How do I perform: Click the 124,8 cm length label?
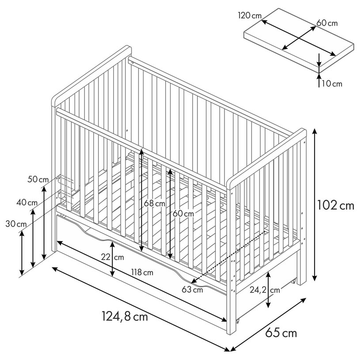pos(125,316)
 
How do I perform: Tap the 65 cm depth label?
pos(281,333)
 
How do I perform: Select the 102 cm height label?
pos(335,205)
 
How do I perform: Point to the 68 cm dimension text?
pos(155,203)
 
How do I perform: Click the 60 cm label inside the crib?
pos(183,213)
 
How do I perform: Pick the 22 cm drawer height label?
pos(113,257)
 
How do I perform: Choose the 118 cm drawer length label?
pos(142,273)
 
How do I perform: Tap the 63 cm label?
pos(192,289)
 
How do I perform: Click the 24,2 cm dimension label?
pos(265,290)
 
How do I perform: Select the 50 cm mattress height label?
pos(38,179)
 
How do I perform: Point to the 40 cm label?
pos(27,203)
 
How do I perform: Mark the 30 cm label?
pos(16,224)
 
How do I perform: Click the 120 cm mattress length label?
pos(250,15)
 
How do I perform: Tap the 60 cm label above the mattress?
pos(327,23)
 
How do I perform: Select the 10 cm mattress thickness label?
pos(332,84)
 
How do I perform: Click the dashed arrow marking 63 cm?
pos(228,257)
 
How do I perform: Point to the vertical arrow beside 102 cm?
pos(315,205)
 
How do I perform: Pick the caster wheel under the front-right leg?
pos(238,321)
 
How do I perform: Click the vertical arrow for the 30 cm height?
pos(22,253)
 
